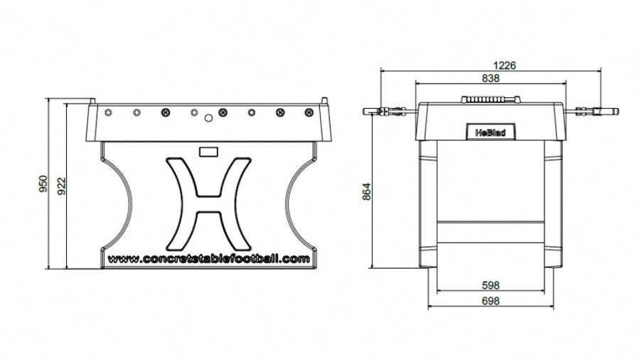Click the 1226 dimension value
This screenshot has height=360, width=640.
click(504, 65)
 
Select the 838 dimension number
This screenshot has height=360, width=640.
click(491, 78)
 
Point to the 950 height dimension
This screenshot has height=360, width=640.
click(43, 184)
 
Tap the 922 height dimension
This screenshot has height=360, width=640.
click(61, 186)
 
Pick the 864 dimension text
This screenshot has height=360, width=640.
click(366, 191)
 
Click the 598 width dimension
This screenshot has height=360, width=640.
click(491, 285)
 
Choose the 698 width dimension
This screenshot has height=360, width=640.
click(491, 301)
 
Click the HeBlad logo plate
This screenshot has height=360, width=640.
click(490, 132)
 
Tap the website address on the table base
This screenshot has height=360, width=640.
click(208, 259)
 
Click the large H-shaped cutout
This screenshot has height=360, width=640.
click(208, 204)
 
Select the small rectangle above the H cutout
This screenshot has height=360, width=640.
click(208, 152)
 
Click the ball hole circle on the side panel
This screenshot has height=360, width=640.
click(208, 118)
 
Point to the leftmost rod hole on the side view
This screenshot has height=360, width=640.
click(108, 112)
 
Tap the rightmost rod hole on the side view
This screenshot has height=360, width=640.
click(309, 112)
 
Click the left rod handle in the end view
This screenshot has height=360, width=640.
click(385, 111)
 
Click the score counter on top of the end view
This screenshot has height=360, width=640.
click(491, 100)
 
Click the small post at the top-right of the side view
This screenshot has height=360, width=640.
click(324, 100)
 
